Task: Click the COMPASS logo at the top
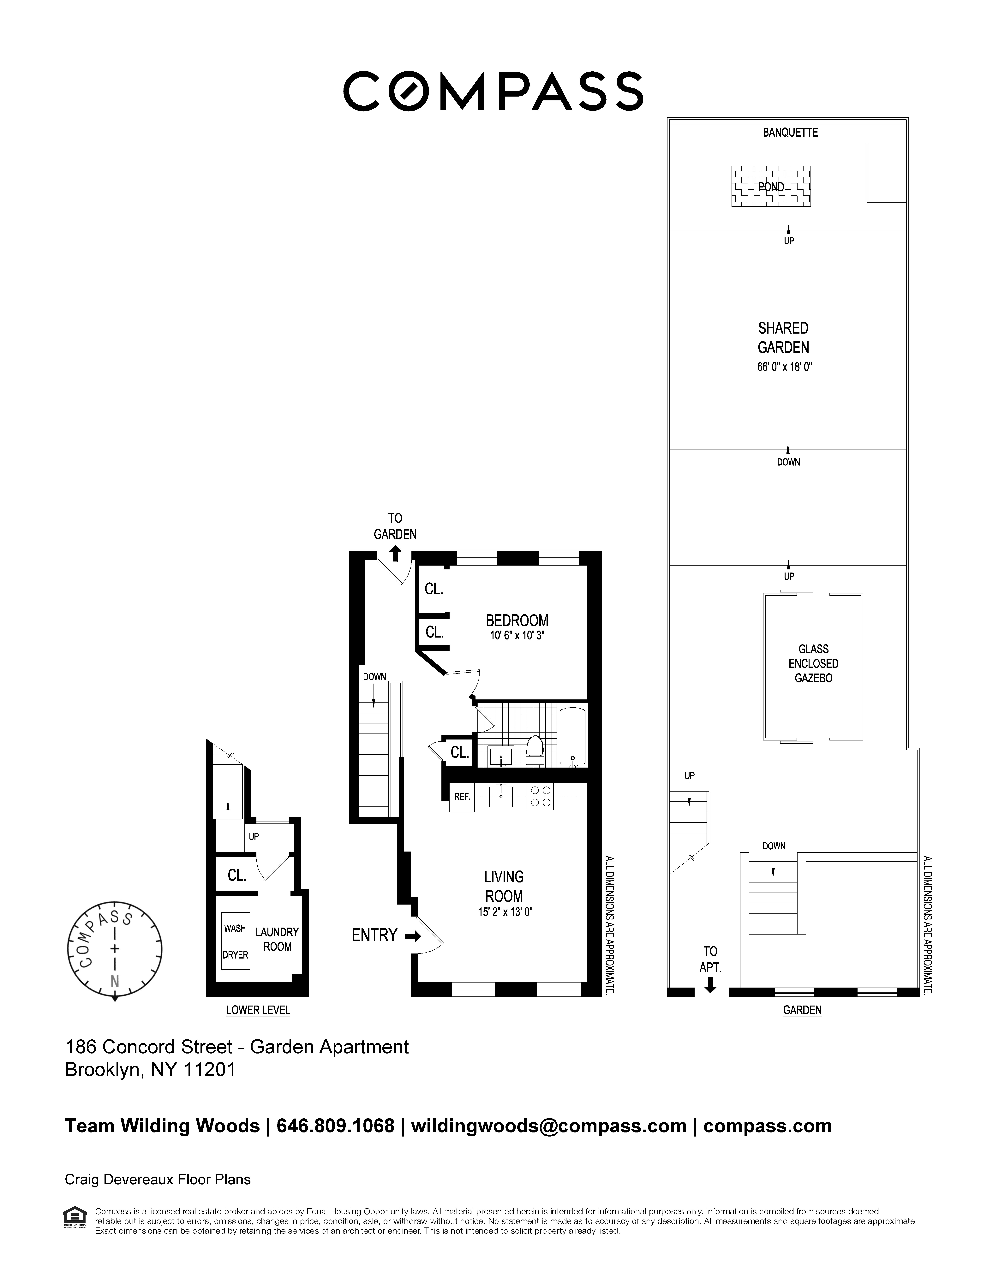pos(493,91)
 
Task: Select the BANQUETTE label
pos(790,133)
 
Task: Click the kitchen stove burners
pos(540,796)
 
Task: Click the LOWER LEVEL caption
pos(258,1010)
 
